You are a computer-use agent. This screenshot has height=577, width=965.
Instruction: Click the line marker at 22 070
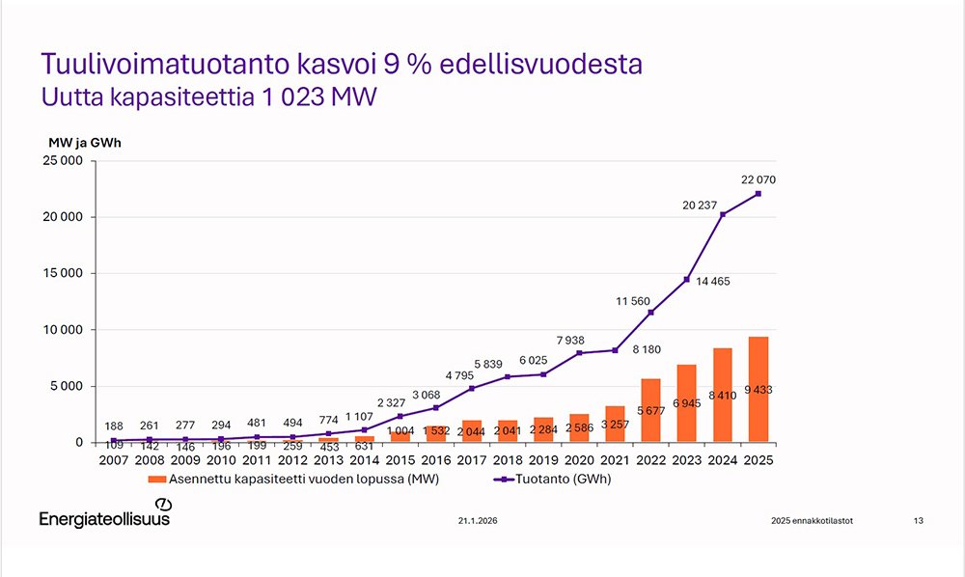[758, 194]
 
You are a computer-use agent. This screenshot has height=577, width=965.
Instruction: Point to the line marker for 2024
[723, 214]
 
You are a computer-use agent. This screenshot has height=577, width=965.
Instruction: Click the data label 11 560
[634, 302]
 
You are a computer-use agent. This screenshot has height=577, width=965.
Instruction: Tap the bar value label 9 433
[758, 390]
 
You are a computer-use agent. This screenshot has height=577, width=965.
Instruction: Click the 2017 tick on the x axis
[473, 461]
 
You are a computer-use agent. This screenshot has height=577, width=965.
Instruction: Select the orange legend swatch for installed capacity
[156, 479]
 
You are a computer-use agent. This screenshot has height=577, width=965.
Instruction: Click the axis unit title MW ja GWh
[85, 143]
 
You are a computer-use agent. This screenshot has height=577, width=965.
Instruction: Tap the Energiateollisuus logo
[104, 517]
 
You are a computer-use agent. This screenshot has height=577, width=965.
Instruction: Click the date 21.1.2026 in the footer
[479, 521]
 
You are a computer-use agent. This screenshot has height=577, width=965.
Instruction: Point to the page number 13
[918, 521]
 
